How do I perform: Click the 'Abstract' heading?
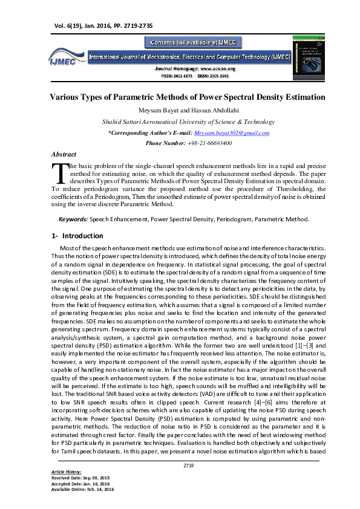pyautogui.click(x=64, y=155)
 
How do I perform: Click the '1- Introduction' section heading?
pyautogui.click(x=82, y=236)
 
